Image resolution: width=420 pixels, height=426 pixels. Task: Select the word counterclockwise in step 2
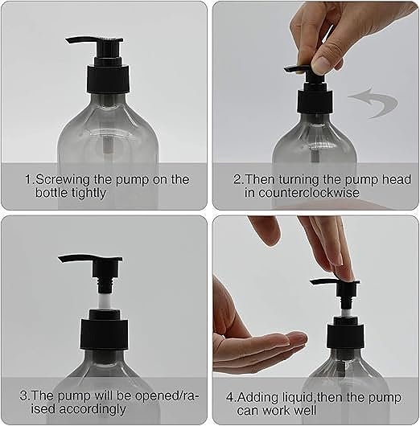(x=309, y=193)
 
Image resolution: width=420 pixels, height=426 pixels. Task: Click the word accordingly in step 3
(x=93, y=409)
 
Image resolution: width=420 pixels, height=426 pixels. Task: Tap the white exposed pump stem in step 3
(x=105, y=301)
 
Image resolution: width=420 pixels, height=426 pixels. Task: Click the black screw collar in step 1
(x=108, y=79)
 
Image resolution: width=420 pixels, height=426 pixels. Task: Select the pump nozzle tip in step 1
(x=67, y=40)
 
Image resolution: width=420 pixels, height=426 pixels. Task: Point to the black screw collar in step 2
(x=315, y=102)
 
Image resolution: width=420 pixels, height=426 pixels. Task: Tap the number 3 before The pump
(x=23, y=395)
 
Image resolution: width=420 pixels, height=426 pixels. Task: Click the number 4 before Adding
(x=230, y=397)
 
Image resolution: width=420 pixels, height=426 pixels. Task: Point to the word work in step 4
(x=283, y=410)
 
